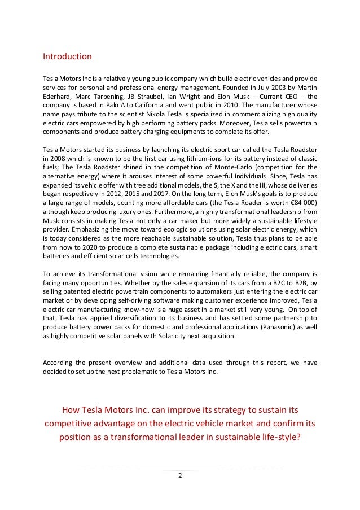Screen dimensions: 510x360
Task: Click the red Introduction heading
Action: (67, 56)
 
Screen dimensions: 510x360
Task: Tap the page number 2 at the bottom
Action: (180, 475)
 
